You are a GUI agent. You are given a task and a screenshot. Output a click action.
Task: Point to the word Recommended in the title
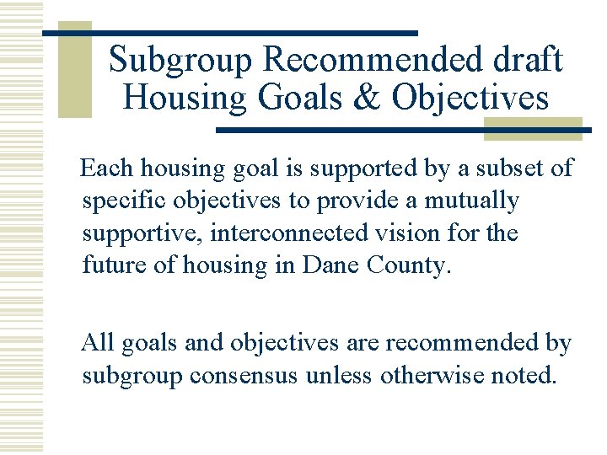(364, 61)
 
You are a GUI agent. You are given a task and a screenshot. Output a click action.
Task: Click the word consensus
(243, 375)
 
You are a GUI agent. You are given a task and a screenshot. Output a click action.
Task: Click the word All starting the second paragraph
(98, 344)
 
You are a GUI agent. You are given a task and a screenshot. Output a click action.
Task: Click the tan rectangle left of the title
(74, 72)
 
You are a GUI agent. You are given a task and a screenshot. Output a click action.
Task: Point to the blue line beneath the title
(405, 130)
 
